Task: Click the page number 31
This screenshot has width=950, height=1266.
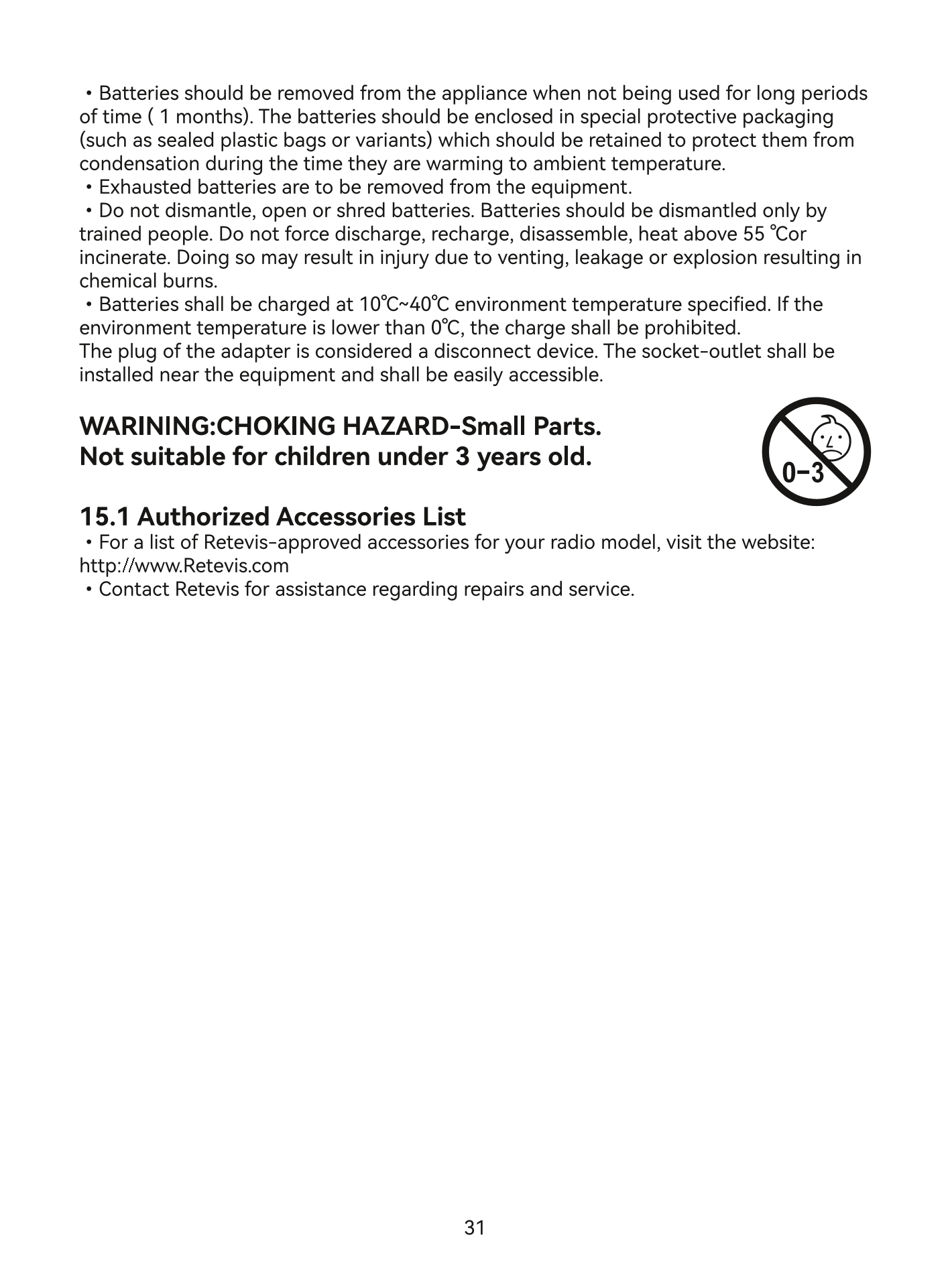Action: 474,1228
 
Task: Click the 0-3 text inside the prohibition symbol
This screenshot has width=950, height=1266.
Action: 803,473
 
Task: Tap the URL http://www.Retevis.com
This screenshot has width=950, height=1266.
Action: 184,566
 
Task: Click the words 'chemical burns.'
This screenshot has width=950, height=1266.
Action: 148,281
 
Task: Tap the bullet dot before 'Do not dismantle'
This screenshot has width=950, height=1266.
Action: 88,211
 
